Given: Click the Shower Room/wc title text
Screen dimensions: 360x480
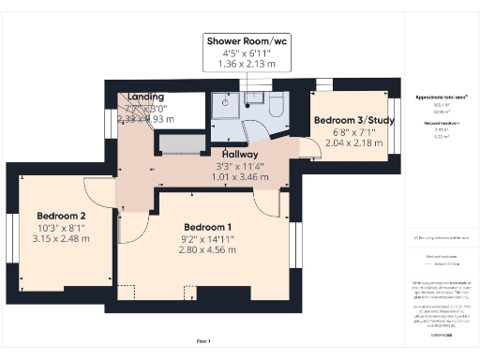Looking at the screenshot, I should (x=247, y=41).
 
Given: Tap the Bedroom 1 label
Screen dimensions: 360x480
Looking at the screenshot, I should (x=208, y=228).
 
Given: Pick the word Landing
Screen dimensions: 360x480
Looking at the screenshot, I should (x=146, y=97).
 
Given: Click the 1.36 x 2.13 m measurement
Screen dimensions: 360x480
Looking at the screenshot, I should (x=247, y=65).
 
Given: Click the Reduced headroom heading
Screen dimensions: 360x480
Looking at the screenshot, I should (x=441, y=123).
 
